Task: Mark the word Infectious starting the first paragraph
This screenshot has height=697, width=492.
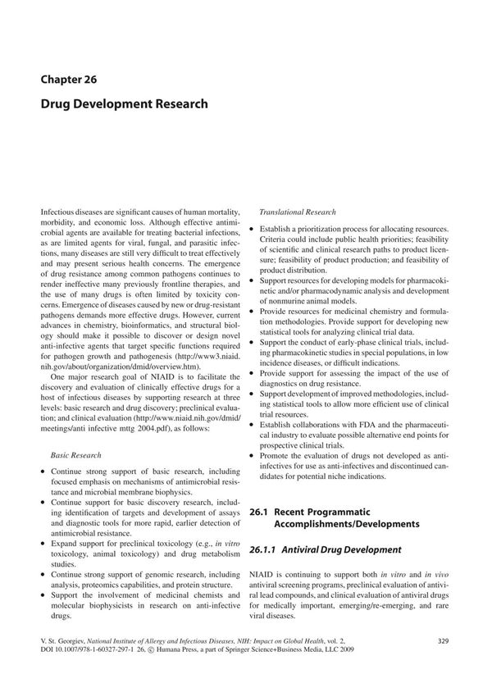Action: click(x=58, y=212)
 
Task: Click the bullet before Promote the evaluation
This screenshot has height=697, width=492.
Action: click(x=252, y=454)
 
